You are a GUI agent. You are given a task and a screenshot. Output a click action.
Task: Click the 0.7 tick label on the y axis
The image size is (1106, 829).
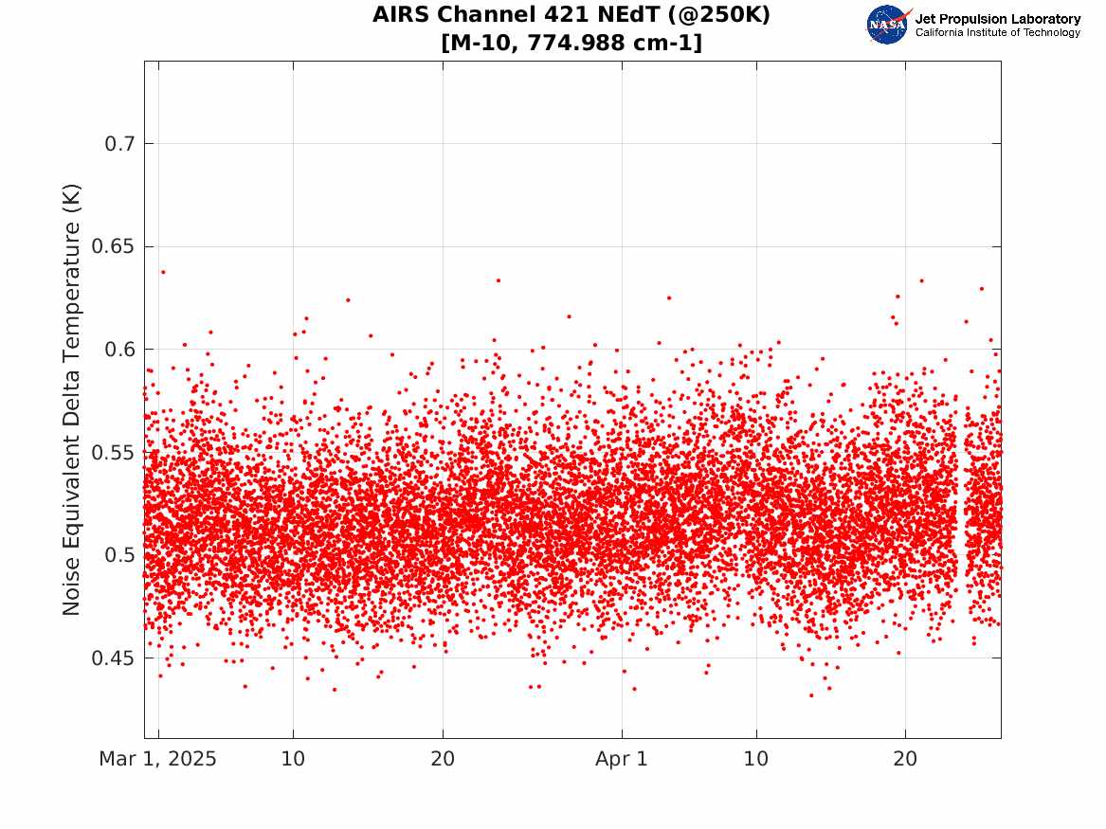tap(119, 144)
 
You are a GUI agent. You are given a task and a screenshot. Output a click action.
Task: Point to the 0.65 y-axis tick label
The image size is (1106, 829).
tap(113, 246)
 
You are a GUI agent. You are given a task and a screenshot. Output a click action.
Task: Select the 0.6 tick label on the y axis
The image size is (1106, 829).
tap(119, 350)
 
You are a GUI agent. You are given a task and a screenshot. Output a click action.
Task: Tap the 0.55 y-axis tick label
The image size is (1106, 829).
tap(113, 453)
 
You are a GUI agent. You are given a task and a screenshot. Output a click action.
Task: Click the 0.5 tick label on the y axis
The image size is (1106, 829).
tap(119, 555)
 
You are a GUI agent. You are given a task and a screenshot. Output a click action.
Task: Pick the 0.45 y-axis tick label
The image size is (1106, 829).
tap(113, 658)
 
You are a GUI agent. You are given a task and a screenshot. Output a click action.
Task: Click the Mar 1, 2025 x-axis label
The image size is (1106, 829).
tap(158, 759)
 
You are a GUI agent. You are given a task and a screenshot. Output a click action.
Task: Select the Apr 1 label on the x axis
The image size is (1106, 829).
tap(622, 759)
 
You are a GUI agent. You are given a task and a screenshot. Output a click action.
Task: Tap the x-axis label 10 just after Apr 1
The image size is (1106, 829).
tap(756, 759)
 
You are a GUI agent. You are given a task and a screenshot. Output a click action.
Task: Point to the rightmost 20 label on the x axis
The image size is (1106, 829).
tap(906, 759)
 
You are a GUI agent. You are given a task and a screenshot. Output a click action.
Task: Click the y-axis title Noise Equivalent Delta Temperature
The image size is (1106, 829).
tap(71, 400)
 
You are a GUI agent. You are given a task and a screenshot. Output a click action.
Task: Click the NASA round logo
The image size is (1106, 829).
tap(887, 25)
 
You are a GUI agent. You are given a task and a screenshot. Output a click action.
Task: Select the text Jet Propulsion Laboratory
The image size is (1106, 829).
tap(998, 19)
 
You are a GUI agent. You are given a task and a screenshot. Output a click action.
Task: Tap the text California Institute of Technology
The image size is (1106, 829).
tap(998, 32)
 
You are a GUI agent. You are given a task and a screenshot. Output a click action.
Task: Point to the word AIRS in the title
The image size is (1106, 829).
tap(400, 15)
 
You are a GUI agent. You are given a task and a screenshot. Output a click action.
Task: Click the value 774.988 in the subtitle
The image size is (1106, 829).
tap(571, 43)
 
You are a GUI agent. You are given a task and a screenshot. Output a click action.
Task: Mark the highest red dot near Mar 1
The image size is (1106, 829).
tap(163, 272)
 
